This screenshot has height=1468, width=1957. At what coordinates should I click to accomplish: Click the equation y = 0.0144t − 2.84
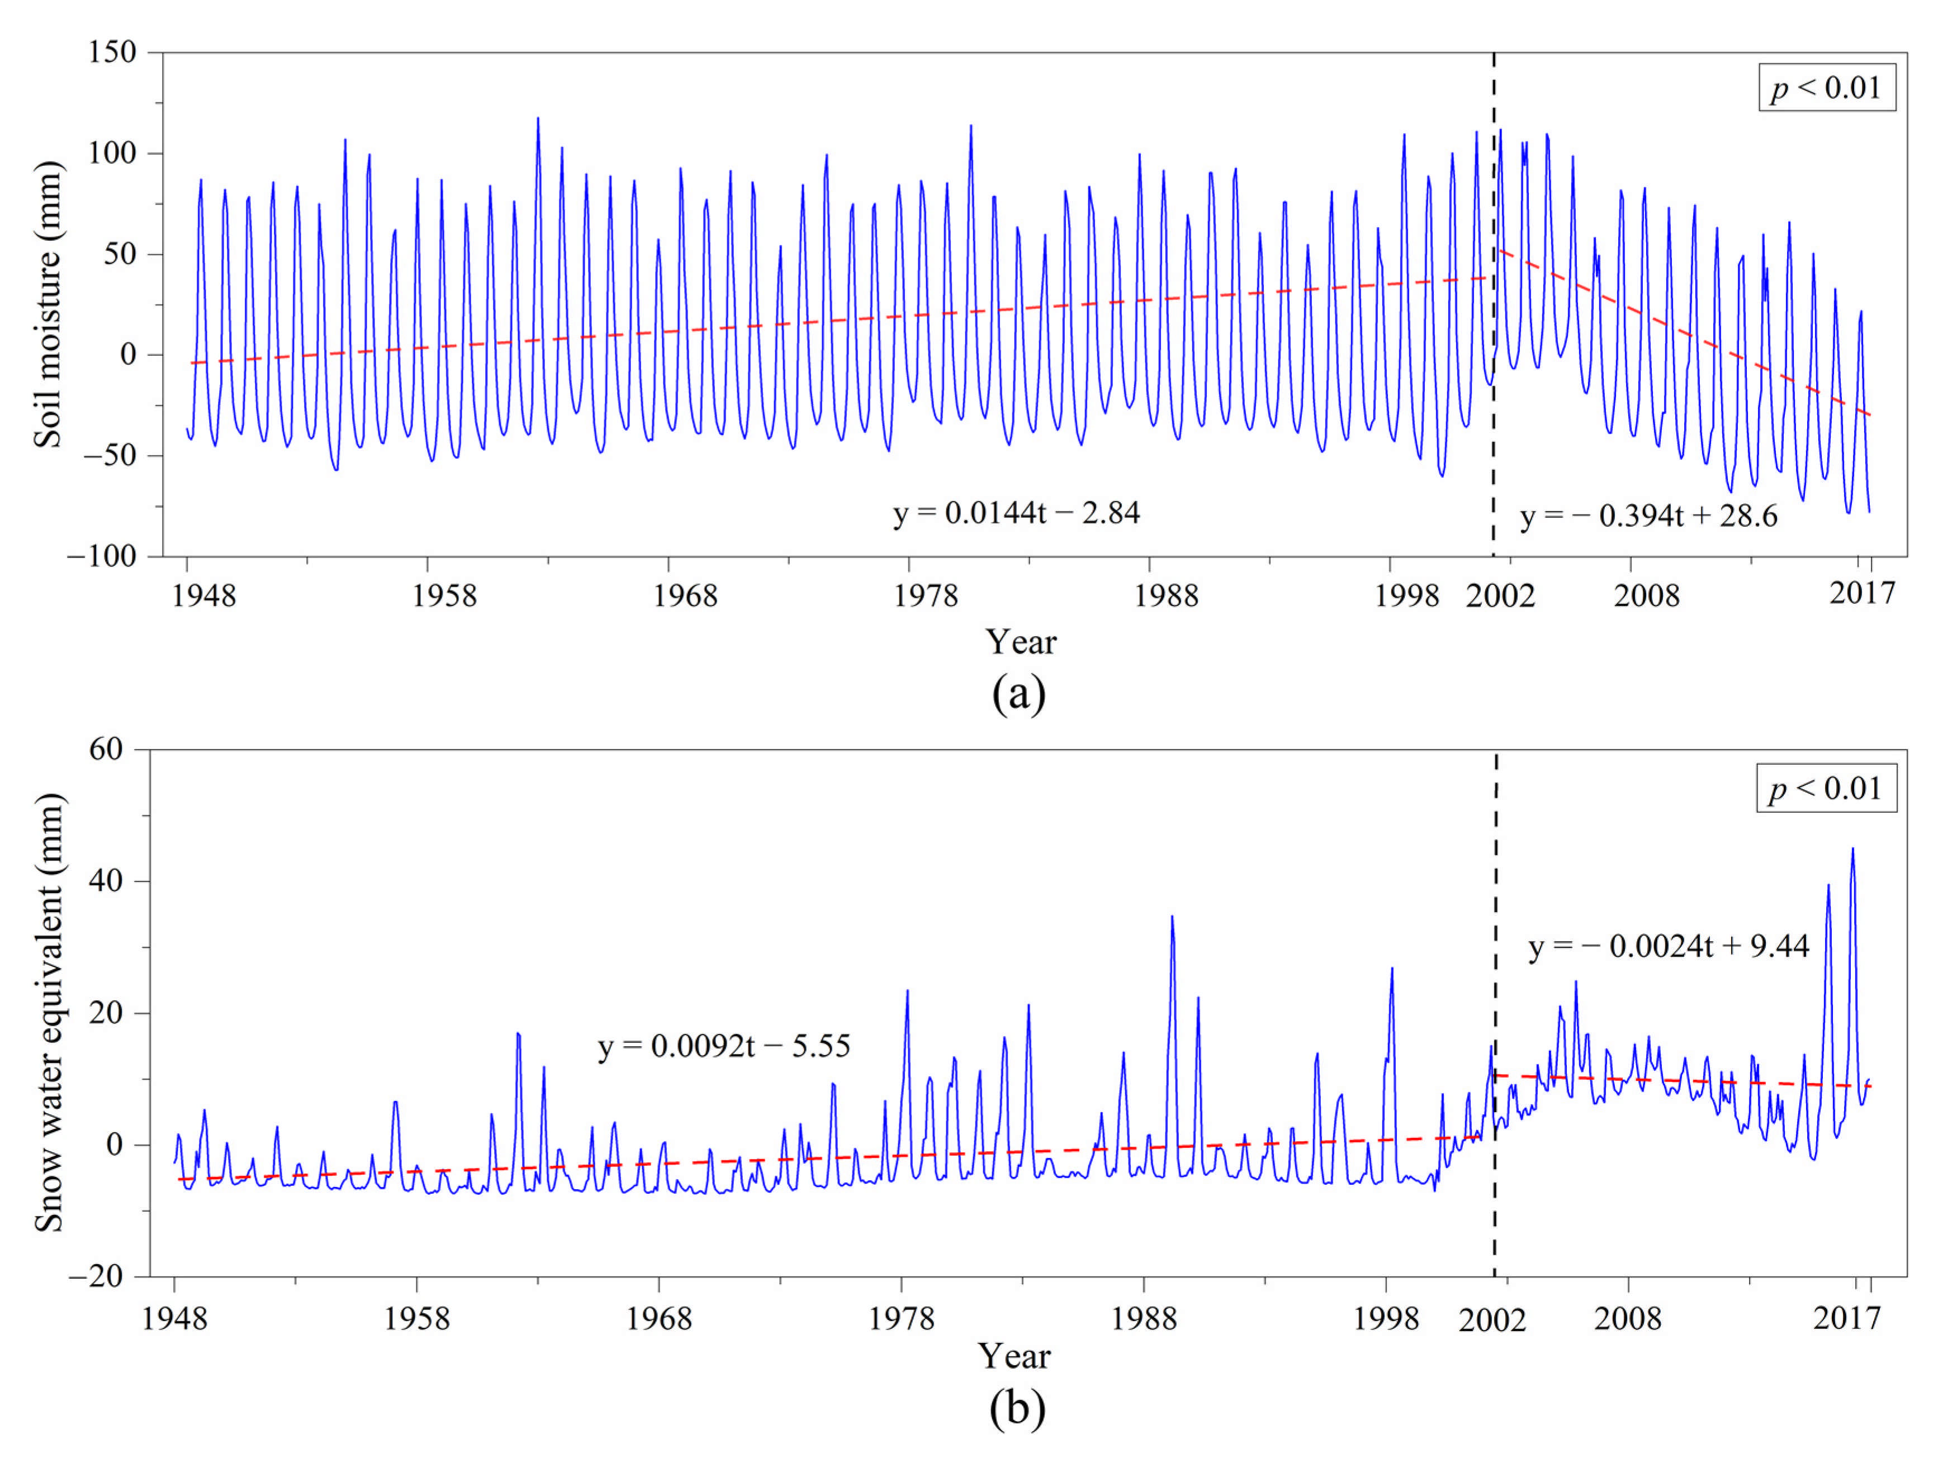coord(1016,513)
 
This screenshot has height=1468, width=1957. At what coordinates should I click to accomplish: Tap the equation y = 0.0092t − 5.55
coord(724,1046)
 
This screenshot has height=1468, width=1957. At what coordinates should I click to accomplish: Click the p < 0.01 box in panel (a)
coord(1826,88)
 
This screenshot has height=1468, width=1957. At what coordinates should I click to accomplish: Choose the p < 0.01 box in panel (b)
coord(1826,788)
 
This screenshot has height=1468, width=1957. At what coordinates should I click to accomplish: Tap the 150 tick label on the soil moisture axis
coord(111,52)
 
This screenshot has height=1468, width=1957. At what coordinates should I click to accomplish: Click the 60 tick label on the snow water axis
coord(106,749)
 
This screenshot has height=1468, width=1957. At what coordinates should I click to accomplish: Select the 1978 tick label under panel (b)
coord(901,1319)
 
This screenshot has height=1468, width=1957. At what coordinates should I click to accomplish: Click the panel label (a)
coord(1018,694)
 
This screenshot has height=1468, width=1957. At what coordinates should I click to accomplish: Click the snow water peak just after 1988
coord(1172,917)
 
